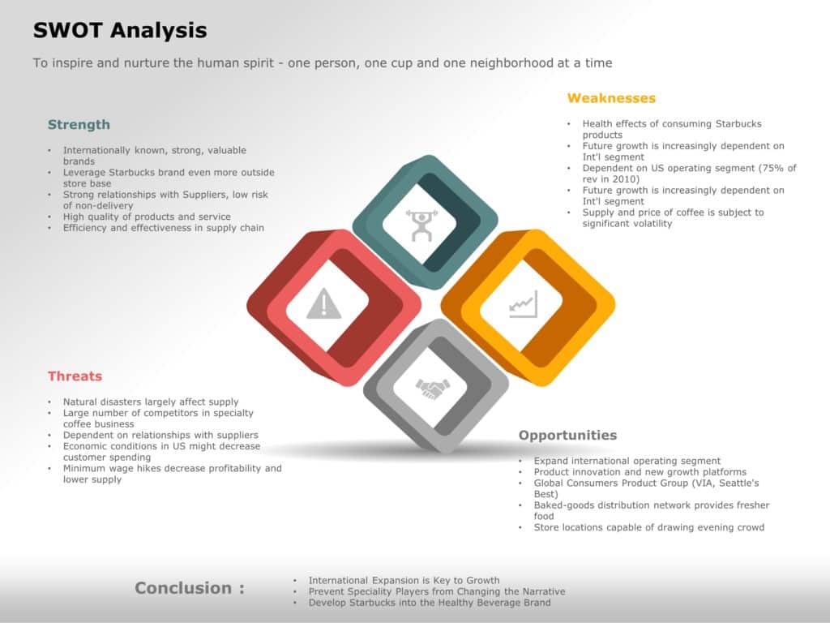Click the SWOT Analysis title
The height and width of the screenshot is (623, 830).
(x=120, y=31)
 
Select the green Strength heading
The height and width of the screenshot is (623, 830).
(x=79, y=125)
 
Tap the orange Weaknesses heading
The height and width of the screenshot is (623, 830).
(x=611, y=98)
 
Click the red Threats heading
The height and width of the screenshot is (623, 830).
(x=75, y=376)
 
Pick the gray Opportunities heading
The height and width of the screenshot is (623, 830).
(x=567, y=436)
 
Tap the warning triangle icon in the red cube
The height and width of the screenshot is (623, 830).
(x=324, y=304)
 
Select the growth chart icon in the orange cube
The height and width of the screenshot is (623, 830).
(x=523, y=306)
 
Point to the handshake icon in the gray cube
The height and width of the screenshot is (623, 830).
(x=432, y=389)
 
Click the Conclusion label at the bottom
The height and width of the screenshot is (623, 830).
(x=190, y=588)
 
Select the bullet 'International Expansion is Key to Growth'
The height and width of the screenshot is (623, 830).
(x=404, y=581)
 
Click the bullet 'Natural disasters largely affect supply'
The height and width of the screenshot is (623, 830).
(x=151, y=402)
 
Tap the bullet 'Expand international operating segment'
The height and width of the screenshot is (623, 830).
(x=627, y=461)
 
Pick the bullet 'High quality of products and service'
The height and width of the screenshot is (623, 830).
(x=147, y=217)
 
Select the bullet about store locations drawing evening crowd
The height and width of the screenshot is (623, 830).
(x=648, y=527)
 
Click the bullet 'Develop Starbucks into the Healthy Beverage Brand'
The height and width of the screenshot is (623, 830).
(x=430, y=603)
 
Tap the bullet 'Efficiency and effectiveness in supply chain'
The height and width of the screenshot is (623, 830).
(x=164, y=228)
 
